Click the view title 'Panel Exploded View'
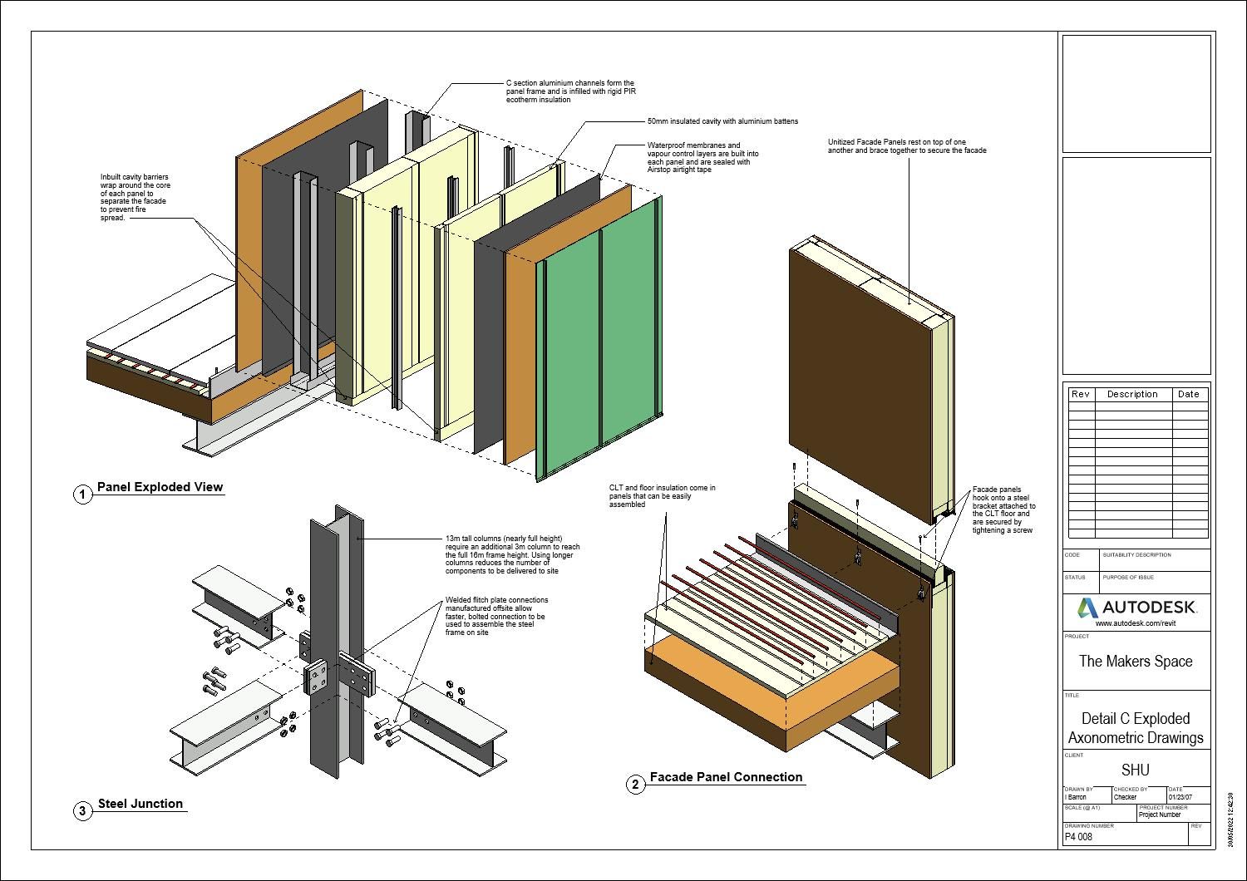point(160,487)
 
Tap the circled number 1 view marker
point(82,495)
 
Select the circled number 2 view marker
point(635,785)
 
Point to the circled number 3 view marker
point(82,811)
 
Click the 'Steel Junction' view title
point(140,804)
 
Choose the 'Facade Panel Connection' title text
point(726,777)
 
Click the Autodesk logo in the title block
point(1136,608)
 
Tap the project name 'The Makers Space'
point(1136,662)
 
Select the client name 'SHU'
point(1136,770)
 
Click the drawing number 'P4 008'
point(1079,837)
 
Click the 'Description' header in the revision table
point(1132,394)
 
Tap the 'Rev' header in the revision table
point(1080,394)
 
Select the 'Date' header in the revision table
point(1189,394)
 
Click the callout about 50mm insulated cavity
point(722,121)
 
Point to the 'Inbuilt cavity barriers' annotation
point(134,197)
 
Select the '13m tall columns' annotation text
point(512,554)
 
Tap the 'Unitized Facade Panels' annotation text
point(906,146)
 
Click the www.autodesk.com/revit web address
point(1136,623)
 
